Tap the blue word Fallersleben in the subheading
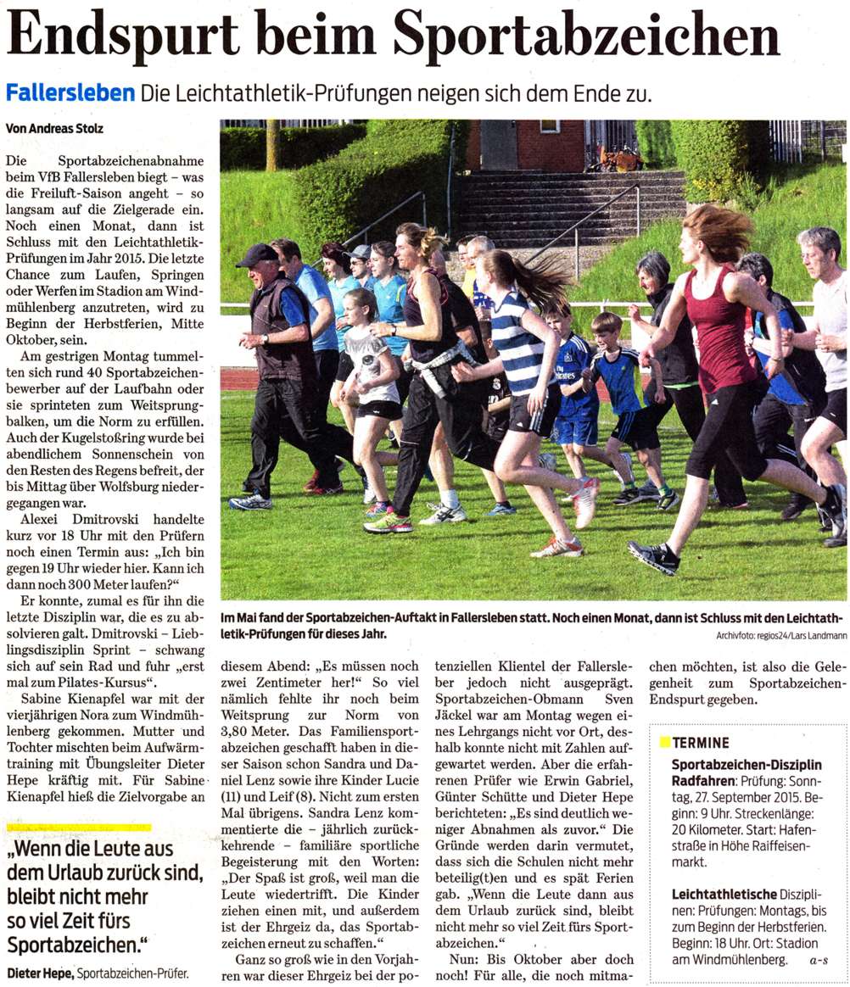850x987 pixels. point(70,92)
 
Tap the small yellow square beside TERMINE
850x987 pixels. point(664,743)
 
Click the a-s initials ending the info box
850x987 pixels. point(819,961)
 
